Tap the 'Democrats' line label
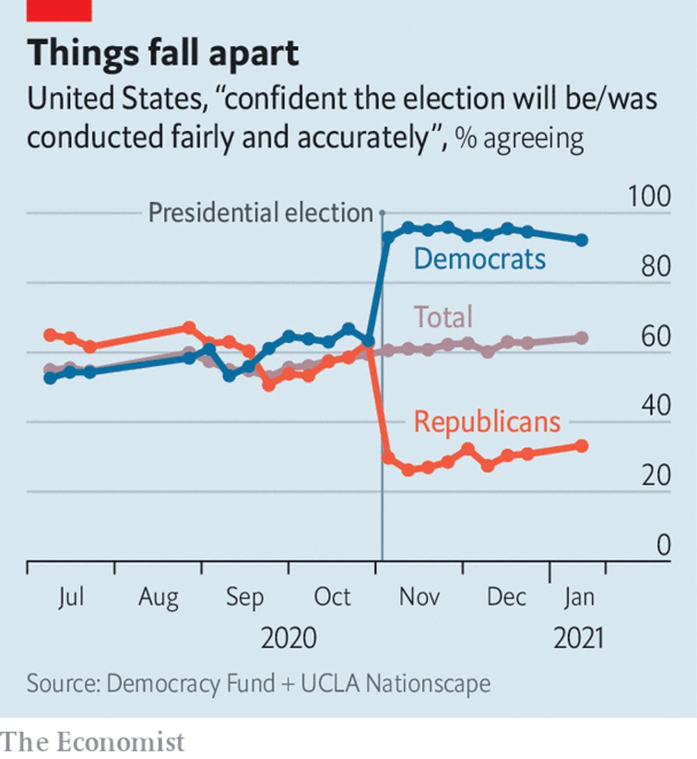click(x=480, y=259)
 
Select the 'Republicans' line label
click(x=487, y=422)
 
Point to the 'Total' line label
click(x=443, y=316)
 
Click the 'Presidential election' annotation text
click(x=261, y=213)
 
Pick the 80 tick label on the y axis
click(x=655, y=267)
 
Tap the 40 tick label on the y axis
click(x=655, y=406)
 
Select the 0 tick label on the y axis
click(x=663, y=546)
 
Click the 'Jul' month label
click(x=70, y=597)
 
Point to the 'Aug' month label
click(x=158, y=597)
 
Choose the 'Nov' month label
click(x=420, y=597)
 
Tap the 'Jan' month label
click(x=578, y=597)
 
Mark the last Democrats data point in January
click(x=581, y=240)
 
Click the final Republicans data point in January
click(x=581, y=446)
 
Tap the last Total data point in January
click(x=581, y=338)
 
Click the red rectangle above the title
click(x=59, y=10)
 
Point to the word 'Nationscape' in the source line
click(x=428, y=683)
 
